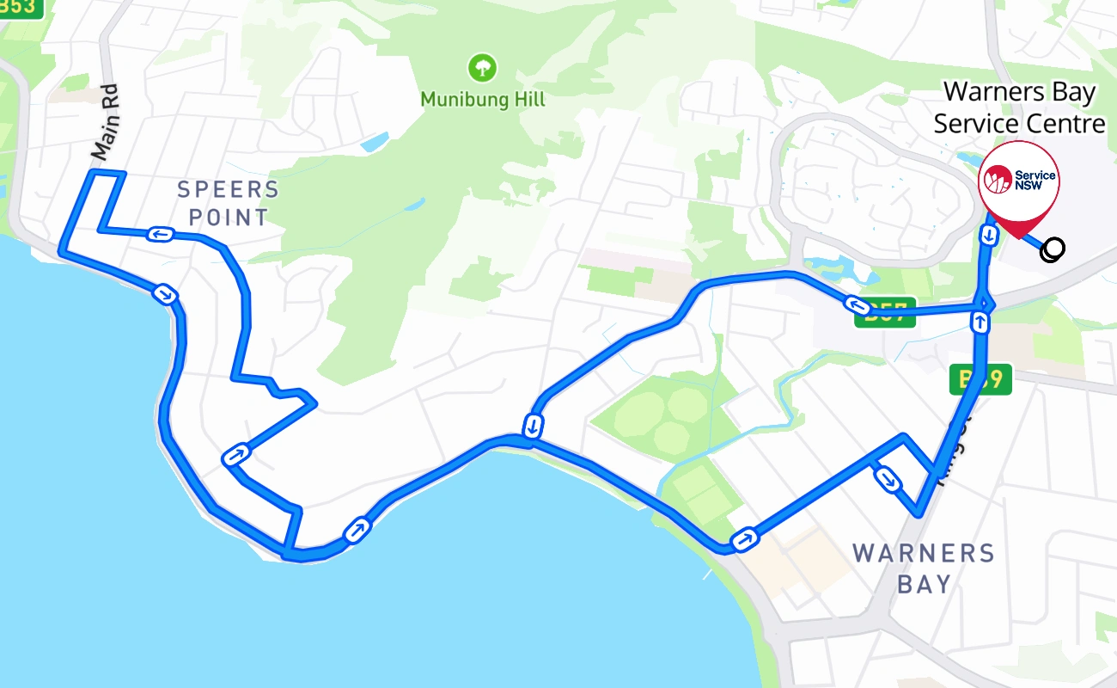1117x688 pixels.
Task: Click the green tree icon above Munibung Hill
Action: (483, 67)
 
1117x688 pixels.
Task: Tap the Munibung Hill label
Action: (483, 101)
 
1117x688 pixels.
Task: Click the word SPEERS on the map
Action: (228, 189)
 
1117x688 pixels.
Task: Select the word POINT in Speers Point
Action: (229, 218)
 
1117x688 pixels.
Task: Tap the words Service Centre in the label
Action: (1019, 124)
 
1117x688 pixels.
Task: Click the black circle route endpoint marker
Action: (1052, 249)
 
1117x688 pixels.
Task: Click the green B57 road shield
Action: (885, 313)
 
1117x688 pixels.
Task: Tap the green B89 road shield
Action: (980, 379)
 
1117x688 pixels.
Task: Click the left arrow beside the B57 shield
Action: (856, 304)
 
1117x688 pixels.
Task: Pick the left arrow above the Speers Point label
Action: (160, 234)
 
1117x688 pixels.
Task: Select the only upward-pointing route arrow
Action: (980, 322)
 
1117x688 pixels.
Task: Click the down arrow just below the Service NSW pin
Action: (988, 233)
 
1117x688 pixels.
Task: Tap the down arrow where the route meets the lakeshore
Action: (534, 426)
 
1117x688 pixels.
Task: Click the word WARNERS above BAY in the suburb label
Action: (923, 553)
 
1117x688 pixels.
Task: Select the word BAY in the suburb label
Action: (924, 585)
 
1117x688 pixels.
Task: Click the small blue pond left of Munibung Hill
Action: (375, 143)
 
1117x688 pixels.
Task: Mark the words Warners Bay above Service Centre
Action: (1019, 92)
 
